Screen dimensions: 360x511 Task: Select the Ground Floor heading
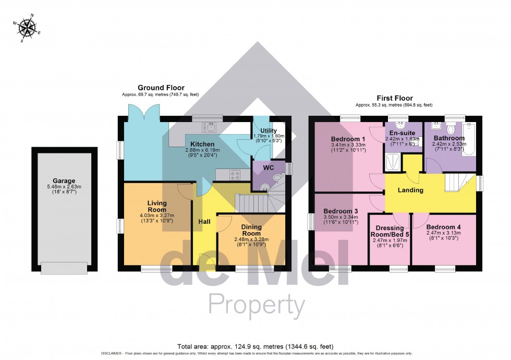(161, 88)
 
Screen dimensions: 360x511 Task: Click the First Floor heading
(395, 98)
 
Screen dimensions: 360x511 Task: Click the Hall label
(204, 222)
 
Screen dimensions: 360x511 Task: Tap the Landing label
(410, 190)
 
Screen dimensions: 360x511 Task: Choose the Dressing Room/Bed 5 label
(390, 231)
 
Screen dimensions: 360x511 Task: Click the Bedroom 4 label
(443, 227)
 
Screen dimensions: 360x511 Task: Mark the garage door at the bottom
(64, 268)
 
